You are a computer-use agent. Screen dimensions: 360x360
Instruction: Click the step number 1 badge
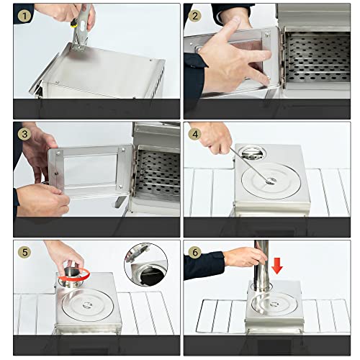tap(25, 14)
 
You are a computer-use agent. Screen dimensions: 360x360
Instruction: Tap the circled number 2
tap(196, 14)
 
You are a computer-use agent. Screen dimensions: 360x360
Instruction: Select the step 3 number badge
tap(25, 132)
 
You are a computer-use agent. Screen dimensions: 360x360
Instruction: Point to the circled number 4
tap(196, 132)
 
